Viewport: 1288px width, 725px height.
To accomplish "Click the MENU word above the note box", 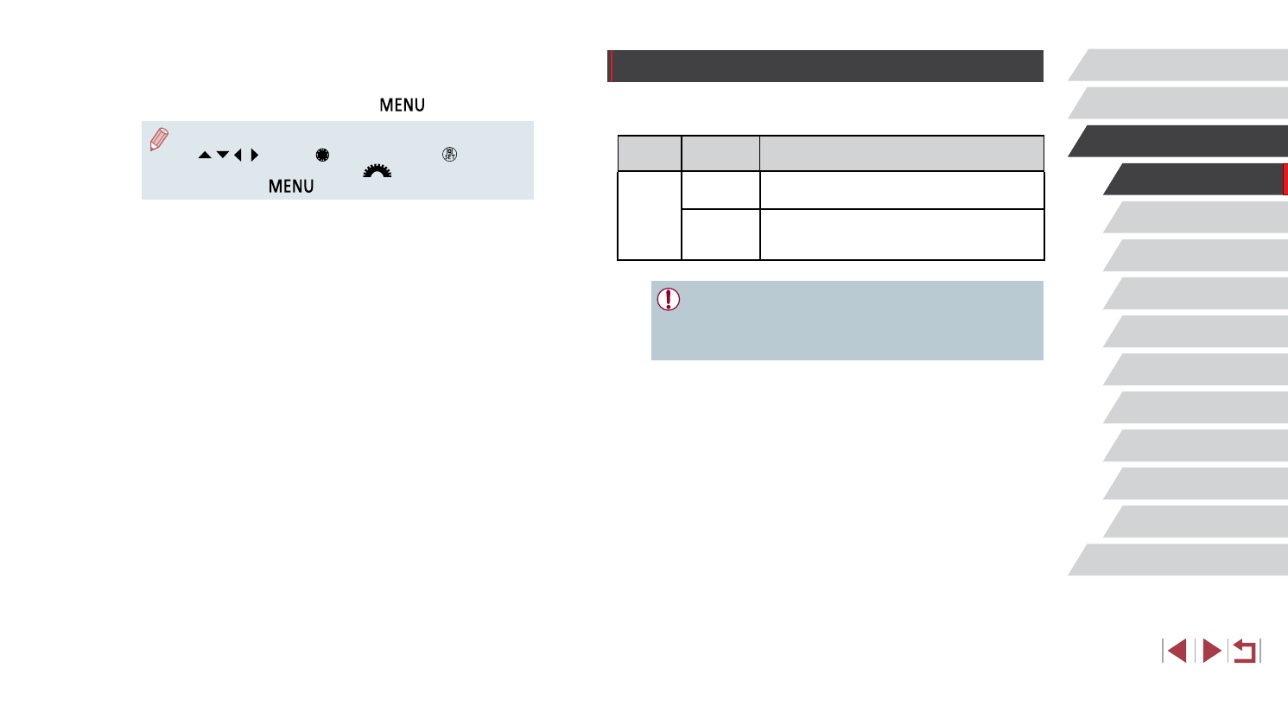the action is coord(402,105).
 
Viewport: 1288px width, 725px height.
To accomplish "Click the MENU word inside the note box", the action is coord(291,187).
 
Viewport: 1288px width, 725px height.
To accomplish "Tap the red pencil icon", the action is coord(159,139).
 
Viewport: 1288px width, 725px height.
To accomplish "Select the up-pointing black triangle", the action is coord(205,155).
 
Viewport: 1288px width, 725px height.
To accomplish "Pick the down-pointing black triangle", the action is coord(223,154).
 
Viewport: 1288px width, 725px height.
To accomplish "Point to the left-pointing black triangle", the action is coord(238,155).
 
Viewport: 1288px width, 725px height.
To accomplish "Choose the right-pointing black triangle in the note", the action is coord(255,155).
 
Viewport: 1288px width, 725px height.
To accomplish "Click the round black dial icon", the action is coord(322,155).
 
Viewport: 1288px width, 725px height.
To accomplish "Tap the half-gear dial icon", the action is coord(378,171).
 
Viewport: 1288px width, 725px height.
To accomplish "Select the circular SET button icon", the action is coord(450,154).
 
